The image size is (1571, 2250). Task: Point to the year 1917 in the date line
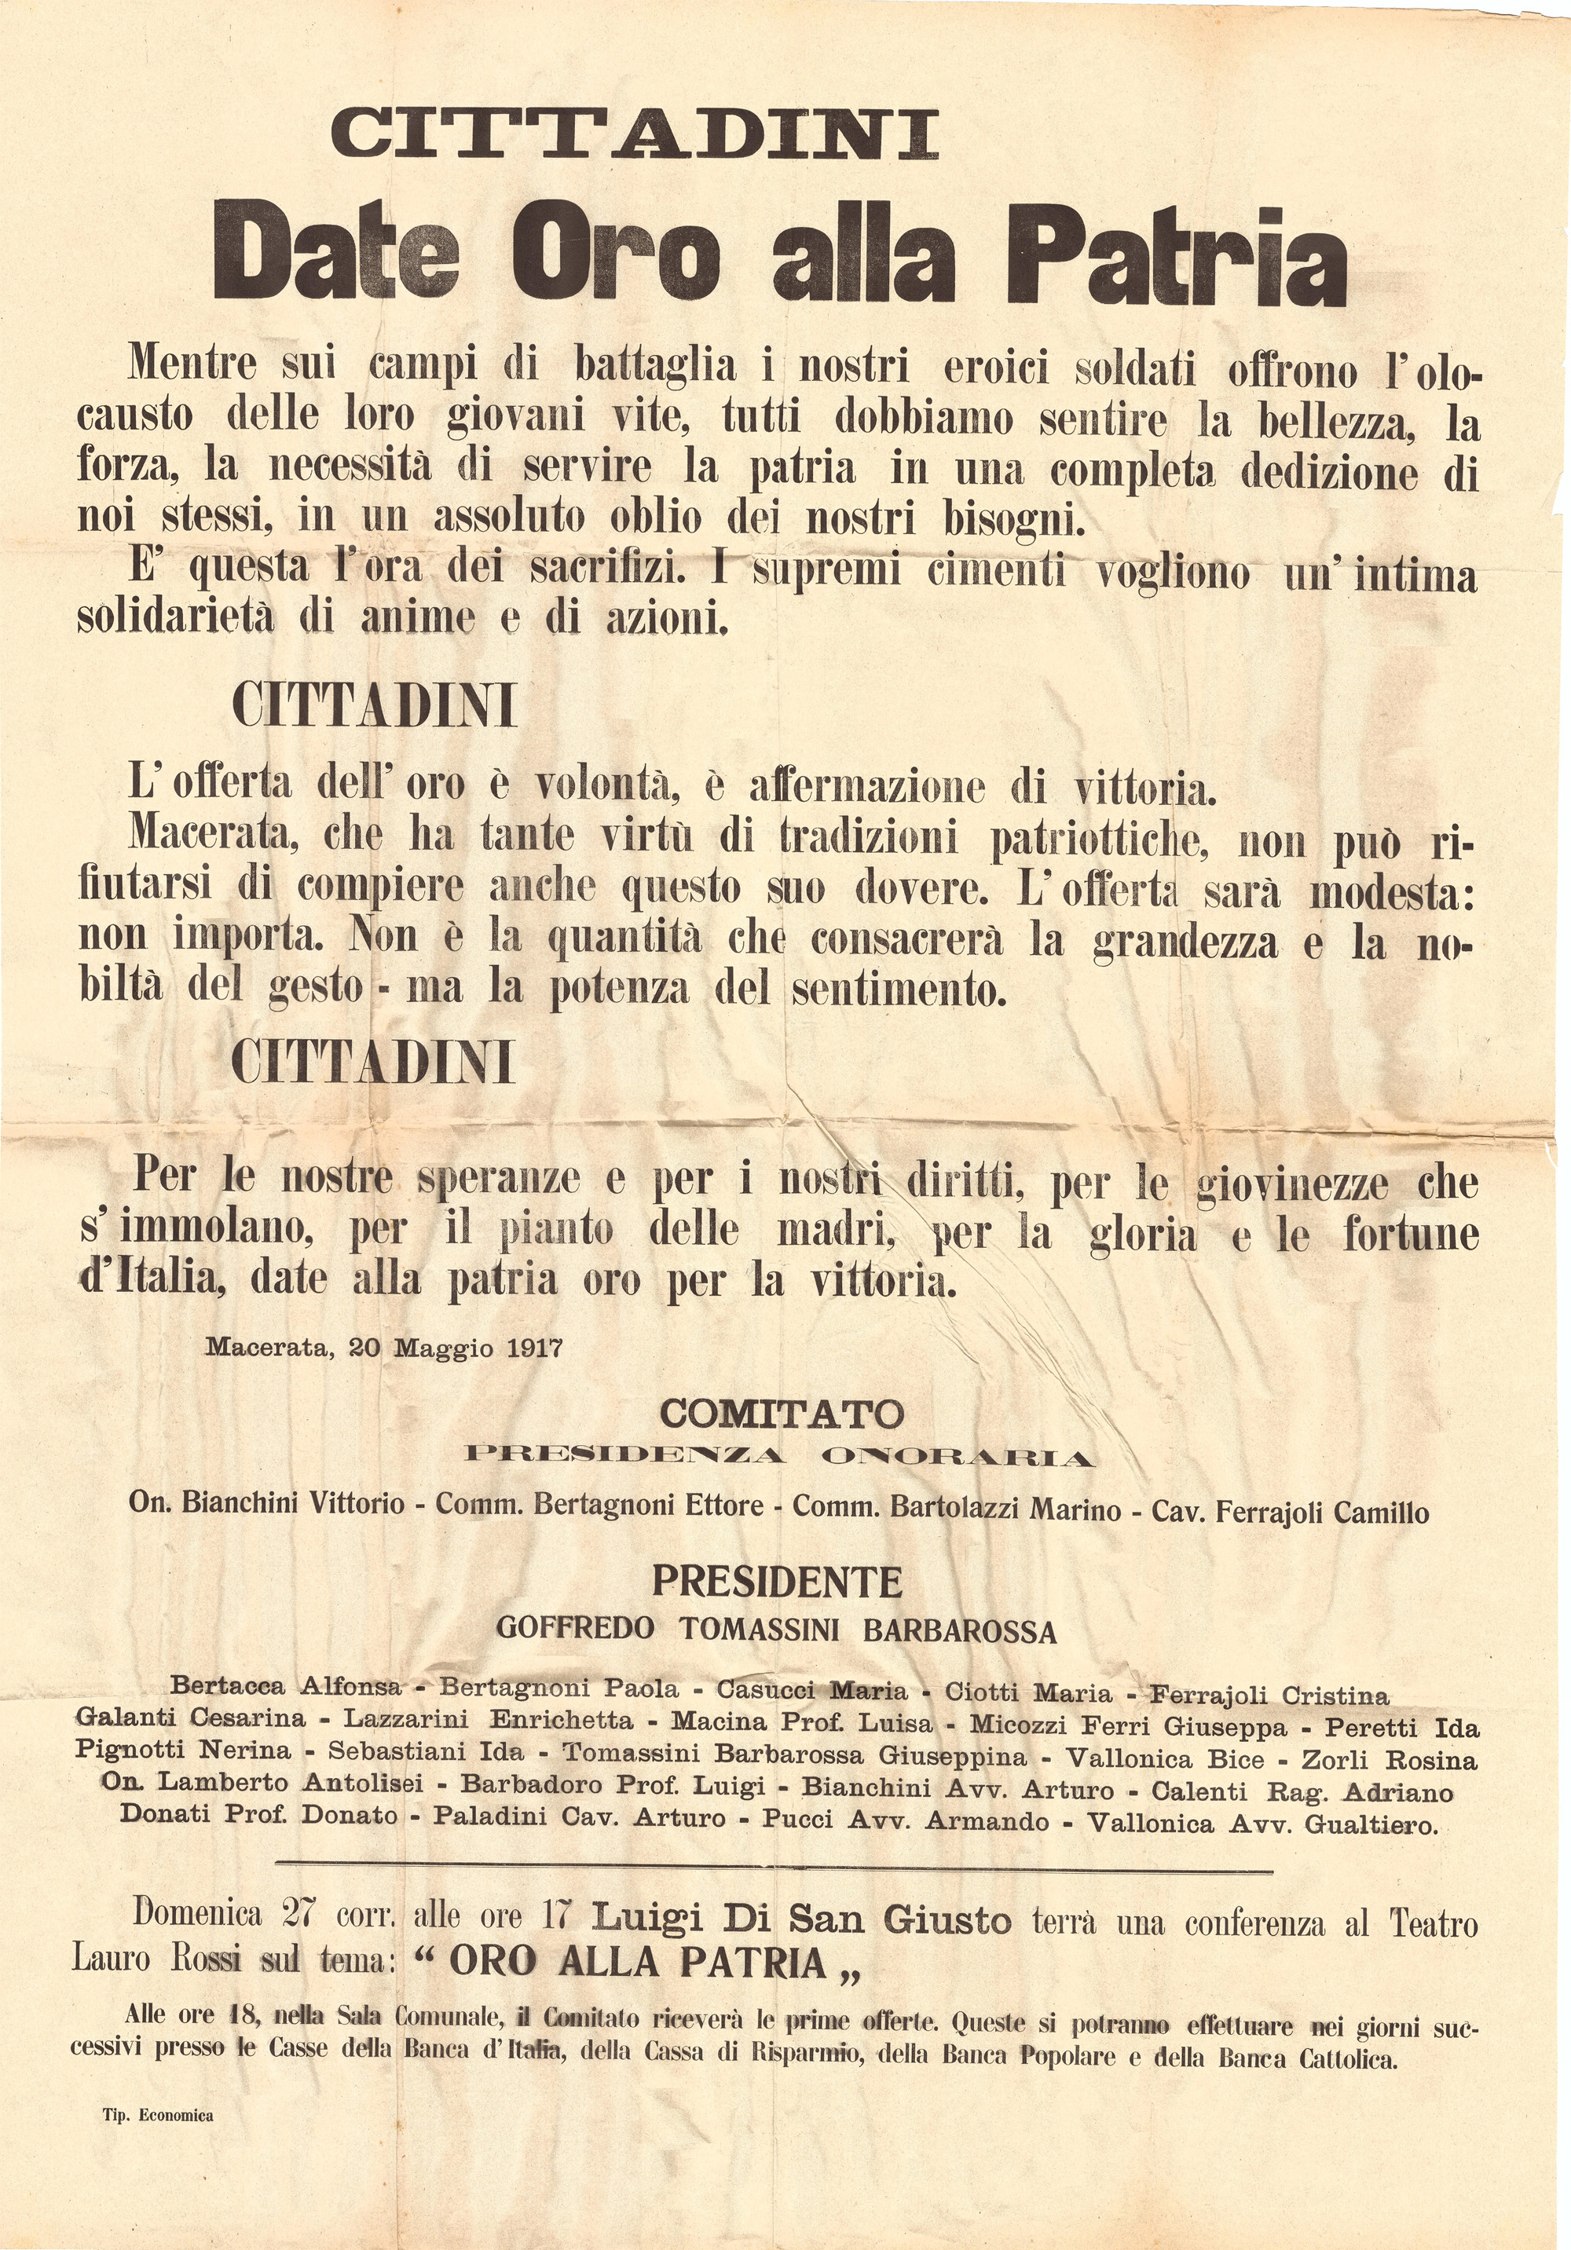tap(535, 1348)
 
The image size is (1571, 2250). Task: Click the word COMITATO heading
tap(781, 1414)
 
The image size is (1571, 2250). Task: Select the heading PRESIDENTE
tap(777, 1582)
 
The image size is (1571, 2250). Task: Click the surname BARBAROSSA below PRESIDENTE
tap(959, 1630)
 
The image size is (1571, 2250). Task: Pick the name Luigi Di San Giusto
tap(800, 1918)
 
